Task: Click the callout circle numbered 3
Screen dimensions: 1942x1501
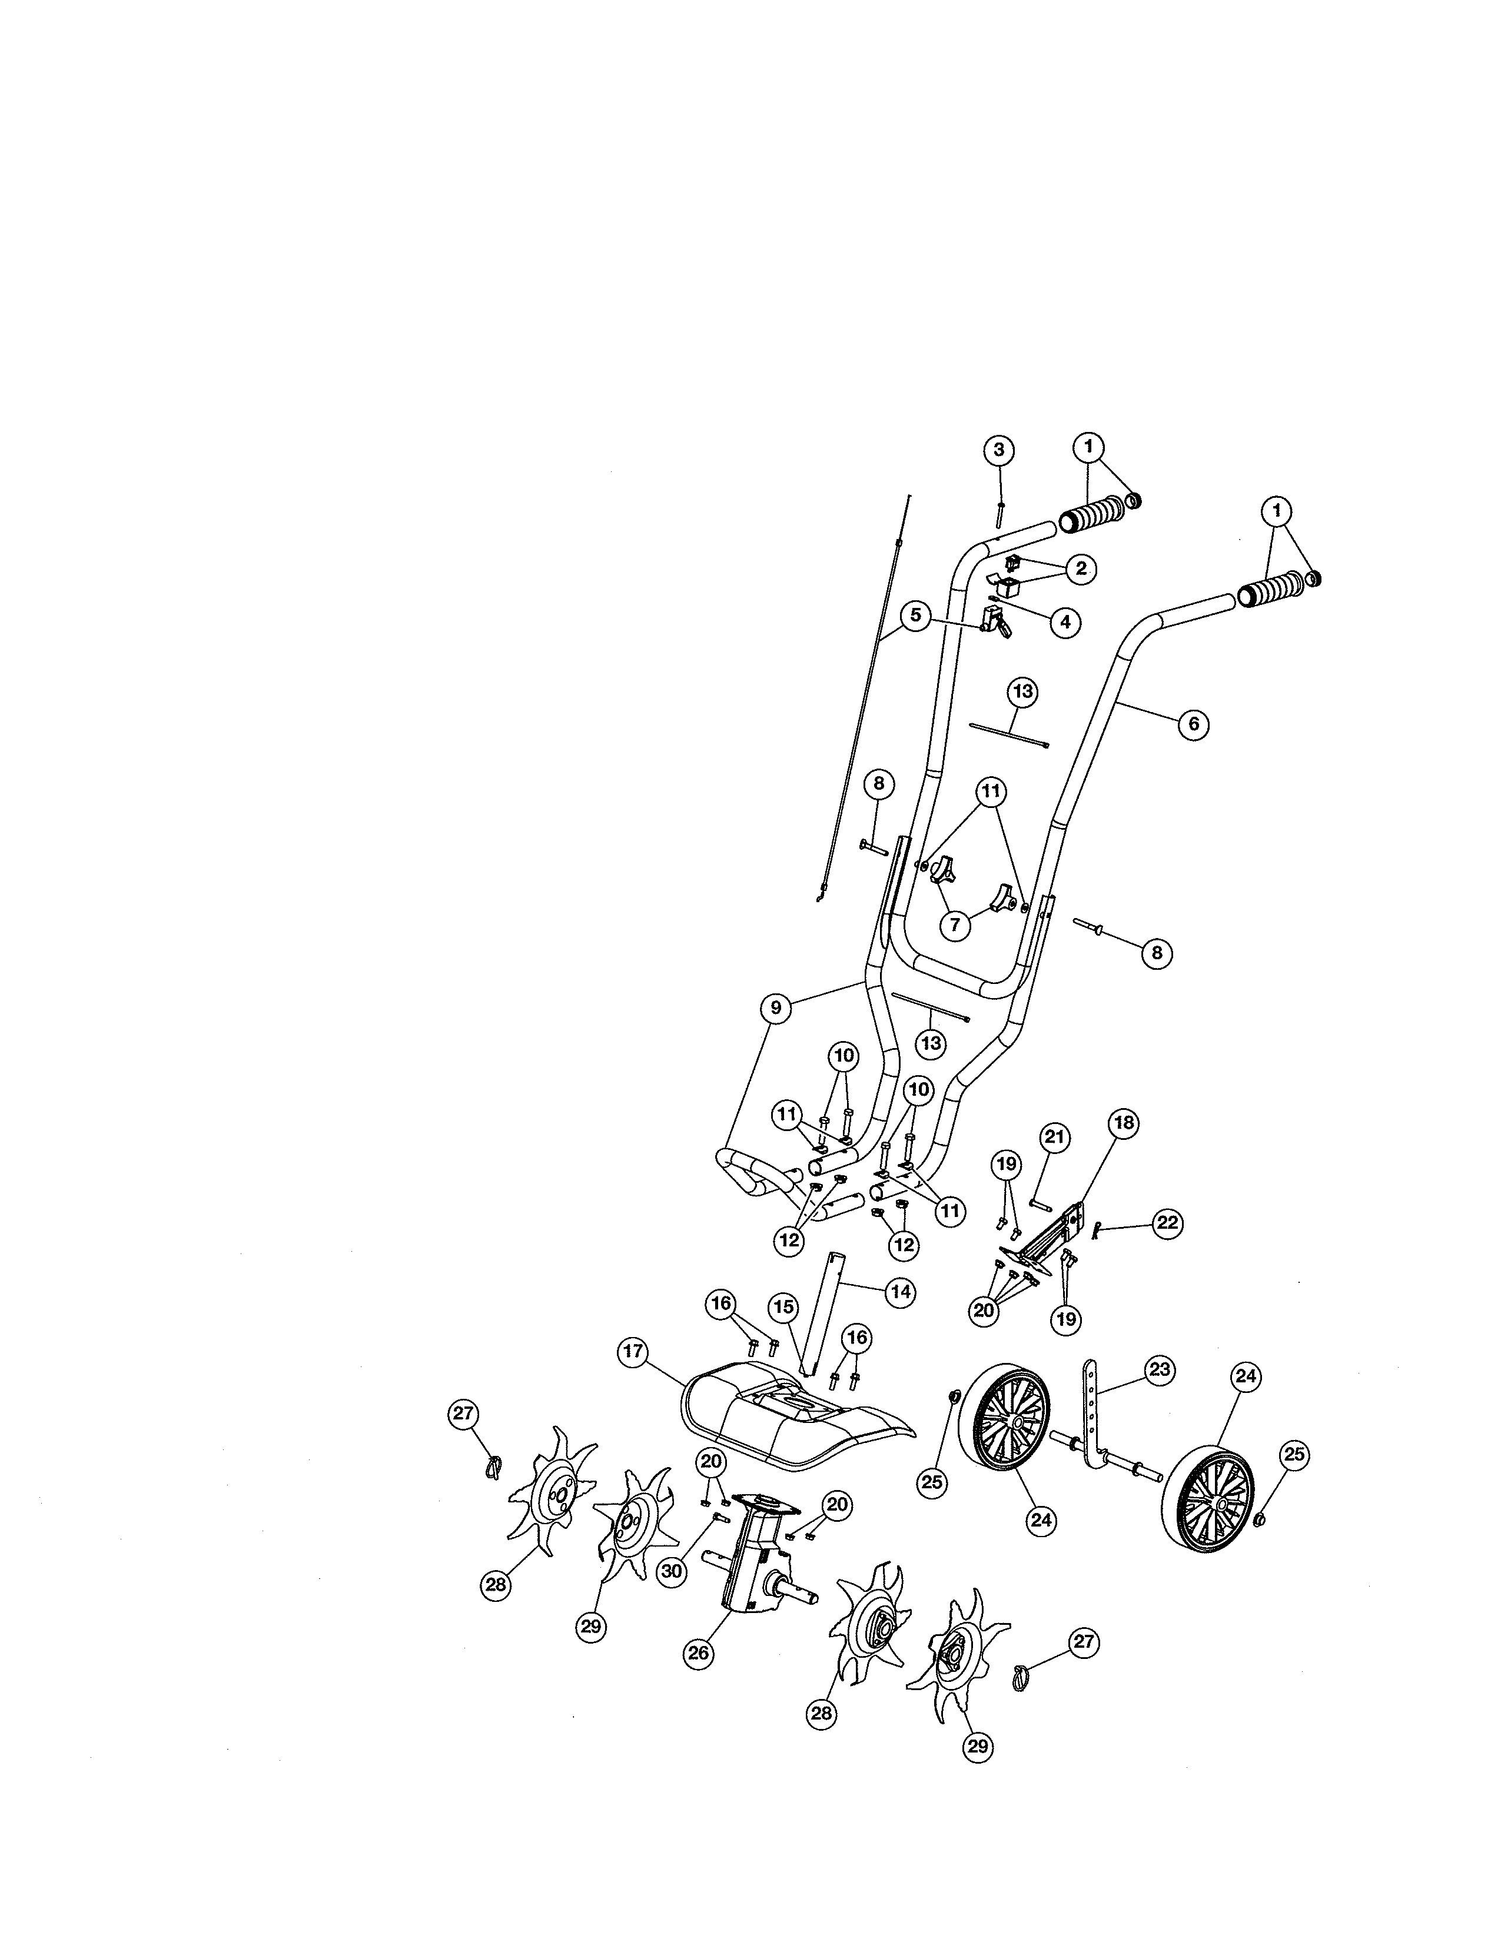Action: coord(998,450)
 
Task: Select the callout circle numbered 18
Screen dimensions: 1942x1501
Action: coord(1124,1123)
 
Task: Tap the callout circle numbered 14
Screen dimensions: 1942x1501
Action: coord(901,1291)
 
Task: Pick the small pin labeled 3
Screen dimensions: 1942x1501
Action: coord(1000,514)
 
